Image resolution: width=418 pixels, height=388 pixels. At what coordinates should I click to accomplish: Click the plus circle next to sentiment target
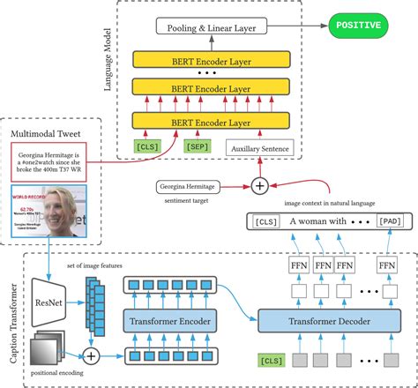(x=259, y=185)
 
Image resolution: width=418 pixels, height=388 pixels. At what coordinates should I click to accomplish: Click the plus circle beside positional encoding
(x=90, y=356)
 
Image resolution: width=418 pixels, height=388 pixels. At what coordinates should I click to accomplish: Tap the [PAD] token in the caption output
(x=390, y=222)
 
